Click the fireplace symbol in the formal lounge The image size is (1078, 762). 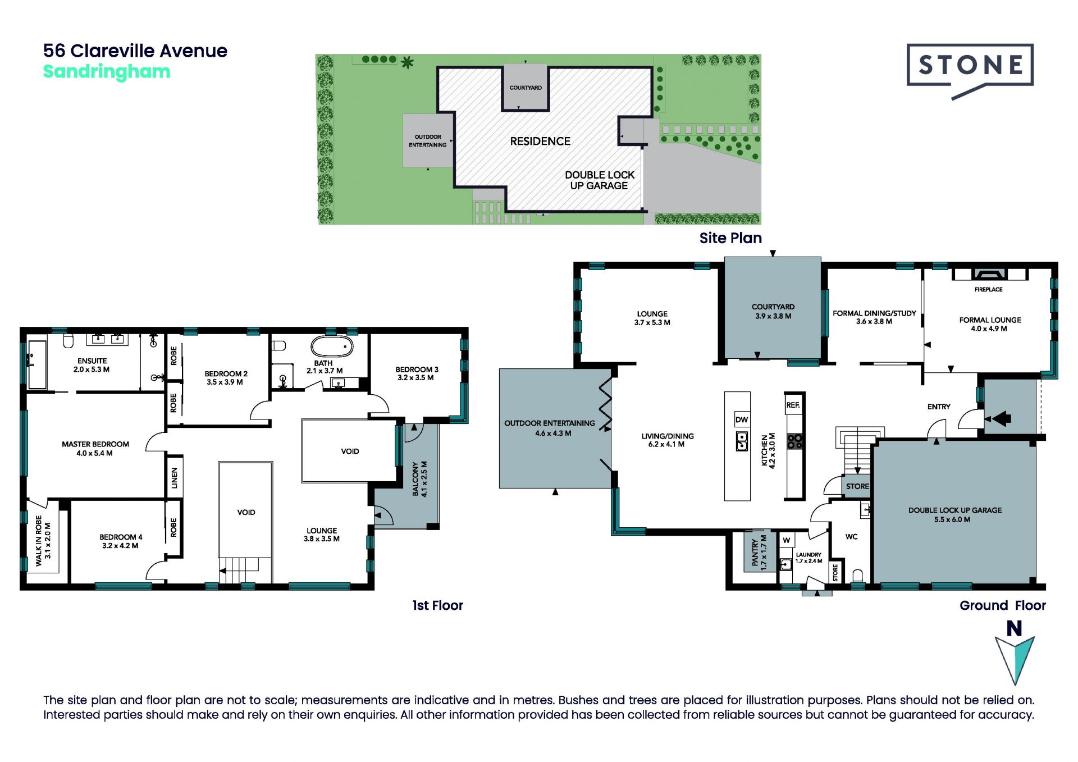tap(989, 274)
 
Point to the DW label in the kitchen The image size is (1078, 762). tap(742, 419)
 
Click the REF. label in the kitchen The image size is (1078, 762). tap(793, 405)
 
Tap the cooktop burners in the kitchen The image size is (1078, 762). tap(795, 441)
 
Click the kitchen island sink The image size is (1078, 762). tap(742, 441)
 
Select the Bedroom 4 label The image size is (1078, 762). tap(121, 537)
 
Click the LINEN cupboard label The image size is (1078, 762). tap(174, 478)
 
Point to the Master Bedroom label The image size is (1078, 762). tap(95, 444)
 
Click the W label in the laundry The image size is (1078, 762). tap(787, 540)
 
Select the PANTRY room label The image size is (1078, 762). tap(755, 553)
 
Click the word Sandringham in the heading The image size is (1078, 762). tap(107, 72)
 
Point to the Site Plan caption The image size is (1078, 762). tap(730, 238)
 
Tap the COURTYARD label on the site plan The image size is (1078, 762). tap(526, 88)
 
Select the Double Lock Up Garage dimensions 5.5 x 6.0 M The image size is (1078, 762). tap(952, 519)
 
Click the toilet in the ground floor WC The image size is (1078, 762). tap(857, 576)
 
